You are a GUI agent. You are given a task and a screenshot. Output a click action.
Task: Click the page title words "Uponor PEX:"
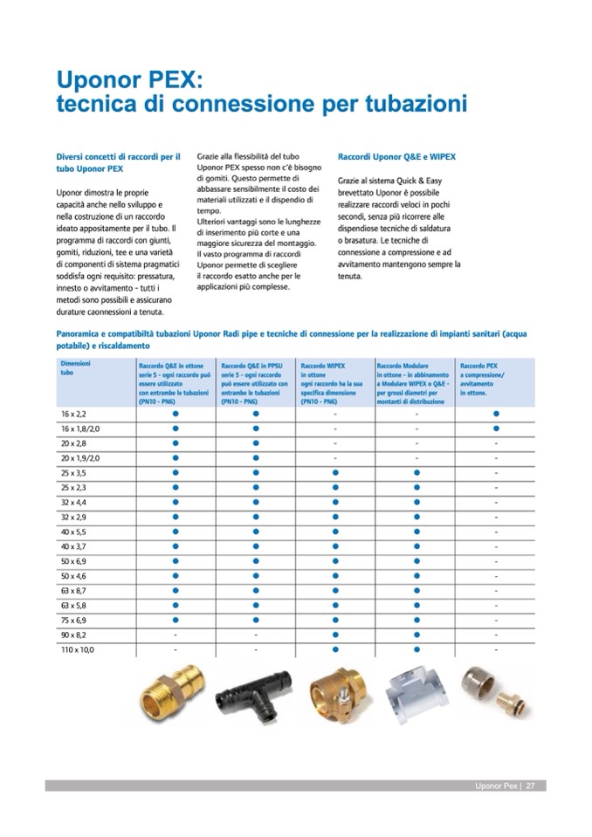[129, 80]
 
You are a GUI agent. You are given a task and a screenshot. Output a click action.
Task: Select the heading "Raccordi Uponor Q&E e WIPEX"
[396, 157]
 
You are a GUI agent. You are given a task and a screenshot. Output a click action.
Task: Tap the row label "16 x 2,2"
[73, 413]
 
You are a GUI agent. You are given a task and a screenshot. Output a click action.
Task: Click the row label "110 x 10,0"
[77, 649]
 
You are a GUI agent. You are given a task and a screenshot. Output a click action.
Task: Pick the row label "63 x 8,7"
[73, 590]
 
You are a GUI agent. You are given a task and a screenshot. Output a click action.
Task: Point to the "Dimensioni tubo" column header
[75, 367]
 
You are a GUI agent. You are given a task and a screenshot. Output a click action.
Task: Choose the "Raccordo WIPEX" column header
[324, 366]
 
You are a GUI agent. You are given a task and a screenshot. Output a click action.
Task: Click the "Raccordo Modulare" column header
[402, 366]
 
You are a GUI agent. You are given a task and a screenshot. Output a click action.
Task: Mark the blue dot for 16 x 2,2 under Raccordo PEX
[496, 413]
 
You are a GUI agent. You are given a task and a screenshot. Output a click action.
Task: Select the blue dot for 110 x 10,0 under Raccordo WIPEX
[335, 649]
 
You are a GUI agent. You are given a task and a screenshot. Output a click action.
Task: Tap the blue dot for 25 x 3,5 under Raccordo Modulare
[416, 472]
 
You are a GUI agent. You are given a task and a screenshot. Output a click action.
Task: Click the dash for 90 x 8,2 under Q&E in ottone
[176, 635]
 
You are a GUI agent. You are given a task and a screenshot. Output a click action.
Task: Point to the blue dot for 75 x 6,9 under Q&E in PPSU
[256, 620]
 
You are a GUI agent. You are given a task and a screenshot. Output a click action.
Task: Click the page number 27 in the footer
[530, 786]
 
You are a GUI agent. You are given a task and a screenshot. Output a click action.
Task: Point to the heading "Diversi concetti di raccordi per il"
[118, 157]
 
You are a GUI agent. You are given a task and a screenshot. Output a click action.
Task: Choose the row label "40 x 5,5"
[73, 531]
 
